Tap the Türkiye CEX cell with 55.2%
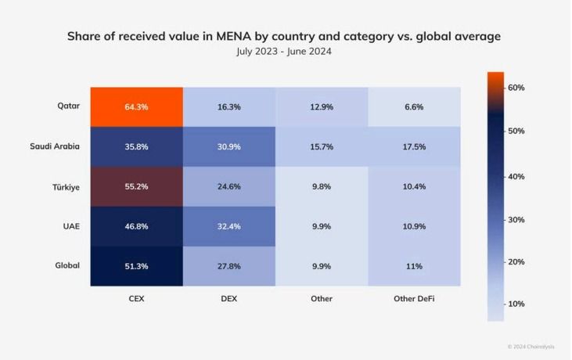point(136,186)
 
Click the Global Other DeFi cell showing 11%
point(414,267)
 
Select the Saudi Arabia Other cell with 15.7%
point(322,146)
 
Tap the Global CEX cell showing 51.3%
point(136,267)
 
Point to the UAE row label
point(70,227)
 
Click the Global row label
point(67,267)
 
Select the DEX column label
point(229,298)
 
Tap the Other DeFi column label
point(414,298)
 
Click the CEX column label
point(136,298)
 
